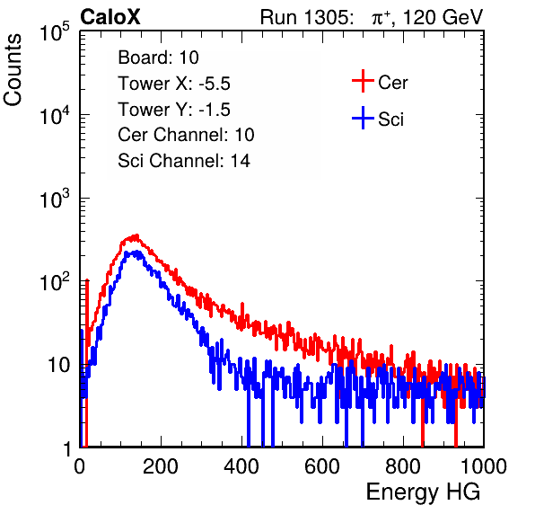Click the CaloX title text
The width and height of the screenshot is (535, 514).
(x=110, y=17)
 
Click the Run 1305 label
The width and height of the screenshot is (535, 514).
(x=306, y=17)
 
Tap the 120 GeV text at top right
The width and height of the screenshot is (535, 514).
(x=443, y=17)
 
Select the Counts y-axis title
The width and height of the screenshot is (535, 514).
(x=13, y=70)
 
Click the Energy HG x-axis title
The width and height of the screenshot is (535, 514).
(x=424, y=492)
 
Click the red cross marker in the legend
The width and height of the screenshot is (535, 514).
(x=363, y=81)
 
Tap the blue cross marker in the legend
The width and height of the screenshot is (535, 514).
(x=363, y=118)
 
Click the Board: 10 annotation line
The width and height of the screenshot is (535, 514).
(x=158, y=58)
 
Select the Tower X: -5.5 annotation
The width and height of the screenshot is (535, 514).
(x=174, y=84)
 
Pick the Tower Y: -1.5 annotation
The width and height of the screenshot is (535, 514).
(x=174, y=110)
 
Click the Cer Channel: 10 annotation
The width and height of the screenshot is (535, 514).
(x=186, y=135)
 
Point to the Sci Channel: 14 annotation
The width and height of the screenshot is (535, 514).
(x=184, y=161)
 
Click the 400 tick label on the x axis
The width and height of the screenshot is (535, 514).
(x=241, y=466)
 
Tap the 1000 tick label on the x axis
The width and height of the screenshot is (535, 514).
(x=484, y=466)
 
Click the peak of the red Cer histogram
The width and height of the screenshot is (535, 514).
(x=136, y=235)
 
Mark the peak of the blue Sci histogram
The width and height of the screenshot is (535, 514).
(x=137, y=252)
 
